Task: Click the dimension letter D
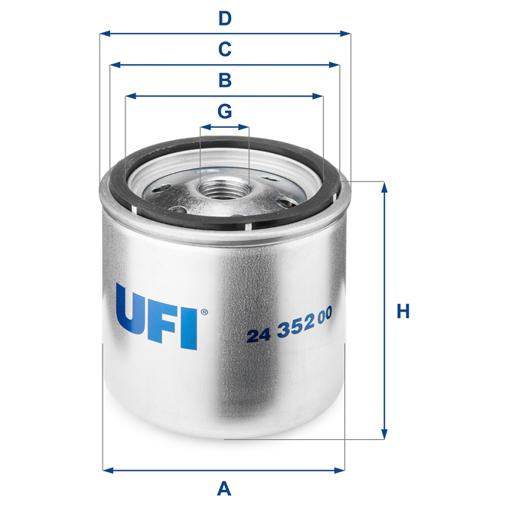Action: coord(224,18)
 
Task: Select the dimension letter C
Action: coord(224,50)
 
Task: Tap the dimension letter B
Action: coord(224,80)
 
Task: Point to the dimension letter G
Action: coord(224,112)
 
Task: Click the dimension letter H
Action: coord(403,311)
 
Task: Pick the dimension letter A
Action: coord(224,487)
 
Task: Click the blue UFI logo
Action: coord(157,315)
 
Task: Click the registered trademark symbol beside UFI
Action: coord(203,312)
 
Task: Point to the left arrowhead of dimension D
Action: coord(105,34)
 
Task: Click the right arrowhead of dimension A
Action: coord(341,469)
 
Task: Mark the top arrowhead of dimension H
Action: coord(384,186)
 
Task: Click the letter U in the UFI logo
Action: coord(133,315)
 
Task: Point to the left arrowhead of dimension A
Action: coord(106,469)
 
